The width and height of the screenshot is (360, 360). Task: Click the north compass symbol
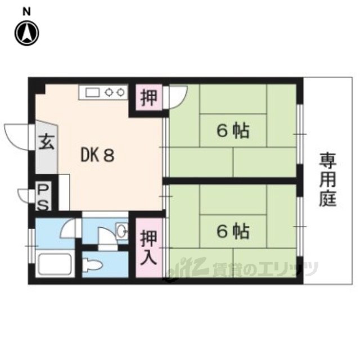[x=27, y=33]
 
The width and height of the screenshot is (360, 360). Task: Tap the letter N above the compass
[x=26, y=11]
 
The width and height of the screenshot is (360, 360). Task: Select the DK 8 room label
[x=97, y=155]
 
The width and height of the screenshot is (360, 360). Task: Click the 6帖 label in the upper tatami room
[x=233, y=130]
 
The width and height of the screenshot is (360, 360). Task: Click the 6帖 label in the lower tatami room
[x=233, y=231]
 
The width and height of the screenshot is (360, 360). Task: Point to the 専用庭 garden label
[x=328, y=179]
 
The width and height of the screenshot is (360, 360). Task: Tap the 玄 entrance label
[x=47, y=142]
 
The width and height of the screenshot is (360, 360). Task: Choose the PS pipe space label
[x=43, y=197]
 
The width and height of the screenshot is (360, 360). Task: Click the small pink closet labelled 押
[x=148, y=97]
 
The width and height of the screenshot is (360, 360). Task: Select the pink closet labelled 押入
[x=148, y=247]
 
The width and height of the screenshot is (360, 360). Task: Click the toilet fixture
[x=92, y=265]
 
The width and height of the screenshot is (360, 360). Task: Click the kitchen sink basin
[x=92, y=92]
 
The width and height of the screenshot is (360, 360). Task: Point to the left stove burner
[x=109, y=92]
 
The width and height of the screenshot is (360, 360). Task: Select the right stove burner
[x=120, y=92]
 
